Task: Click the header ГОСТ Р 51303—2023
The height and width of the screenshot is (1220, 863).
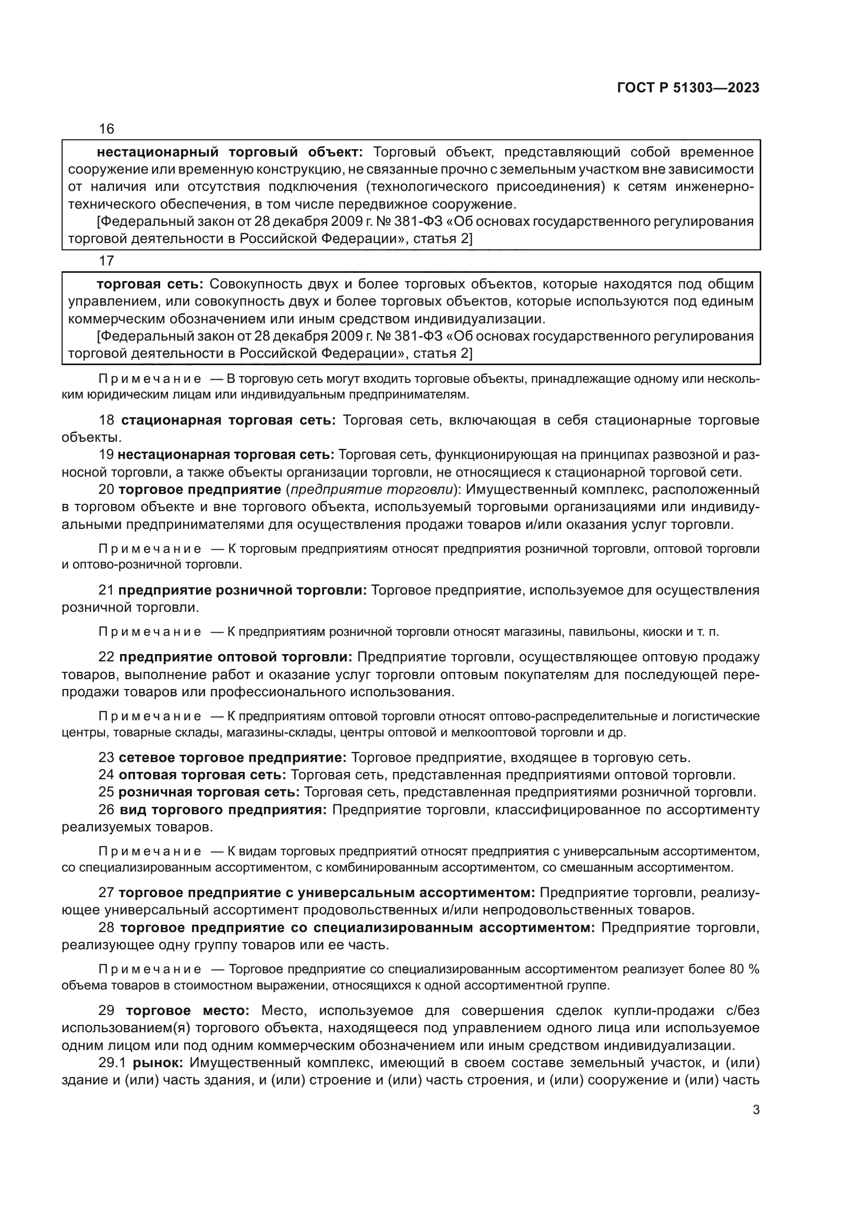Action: [x=688, y=88]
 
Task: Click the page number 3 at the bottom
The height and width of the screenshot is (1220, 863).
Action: [x=756, y=1109]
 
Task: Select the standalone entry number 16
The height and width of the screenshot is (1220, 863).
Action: [x=106, y=129]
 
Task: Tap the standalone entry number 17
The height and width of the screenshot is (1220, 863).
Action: [x=106, y=260]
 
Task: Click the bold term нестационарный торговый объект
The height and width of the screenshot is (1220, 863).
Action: [x=230, y=152]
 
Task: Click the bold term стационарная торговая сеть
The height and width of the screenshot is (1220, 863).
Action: [x=229, y=420]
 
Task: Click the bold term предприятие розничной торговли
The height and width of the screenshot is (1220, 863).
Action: [x=242, y=590]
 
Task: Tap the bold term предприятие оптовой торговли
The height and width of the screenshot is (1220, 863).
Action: [x=235, y=657]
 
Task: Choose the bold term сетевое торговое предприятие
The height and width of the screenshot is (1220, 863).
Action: [x=233, y=757]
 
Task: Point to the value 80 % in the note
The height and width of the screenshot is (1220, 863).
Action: [x=744, y=969]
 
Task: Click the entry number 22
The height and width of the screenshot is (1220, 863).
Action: [x=106, y=657]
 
